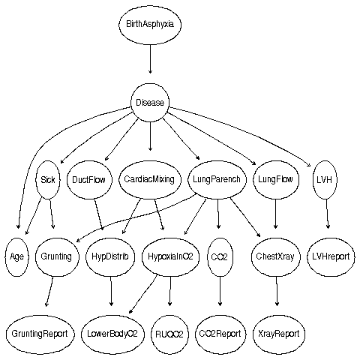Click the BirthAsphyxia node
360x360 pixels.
point(150,24)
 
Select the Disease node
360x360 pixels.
point(150,103)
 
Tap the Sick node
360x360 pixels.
point(48,180)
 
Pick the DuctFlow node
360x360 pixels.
point(89,180)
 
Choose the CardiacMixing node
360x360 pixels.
point(149,180)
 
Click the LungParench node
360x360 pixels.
point(217,180)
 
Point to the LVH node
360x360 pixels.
point(325,180)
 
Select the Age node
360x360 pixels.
point(16,257)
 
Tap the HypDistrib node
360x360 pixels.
point(110,257)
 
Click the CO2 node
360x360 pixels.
point(220,257)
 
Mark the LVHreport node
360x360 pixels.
point(331,257)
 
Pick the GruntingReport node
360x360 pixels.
point(40,334)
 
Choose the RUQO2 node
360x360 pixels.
point(169,334)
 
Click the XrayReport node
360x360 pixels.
point(279,334)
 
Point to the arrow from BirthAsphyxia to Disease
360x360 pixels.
point(150,59)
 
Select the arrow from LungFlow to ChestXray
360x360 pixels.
point(275,214)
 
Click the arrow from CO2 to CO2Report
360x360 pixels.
point(220,291)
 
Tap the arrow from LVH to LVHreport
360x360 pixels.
point(327,214)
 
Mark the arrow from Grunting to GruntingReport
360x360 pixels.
point(49,292)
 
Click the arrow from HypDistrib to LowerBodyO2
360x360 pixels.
point(111,291)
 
